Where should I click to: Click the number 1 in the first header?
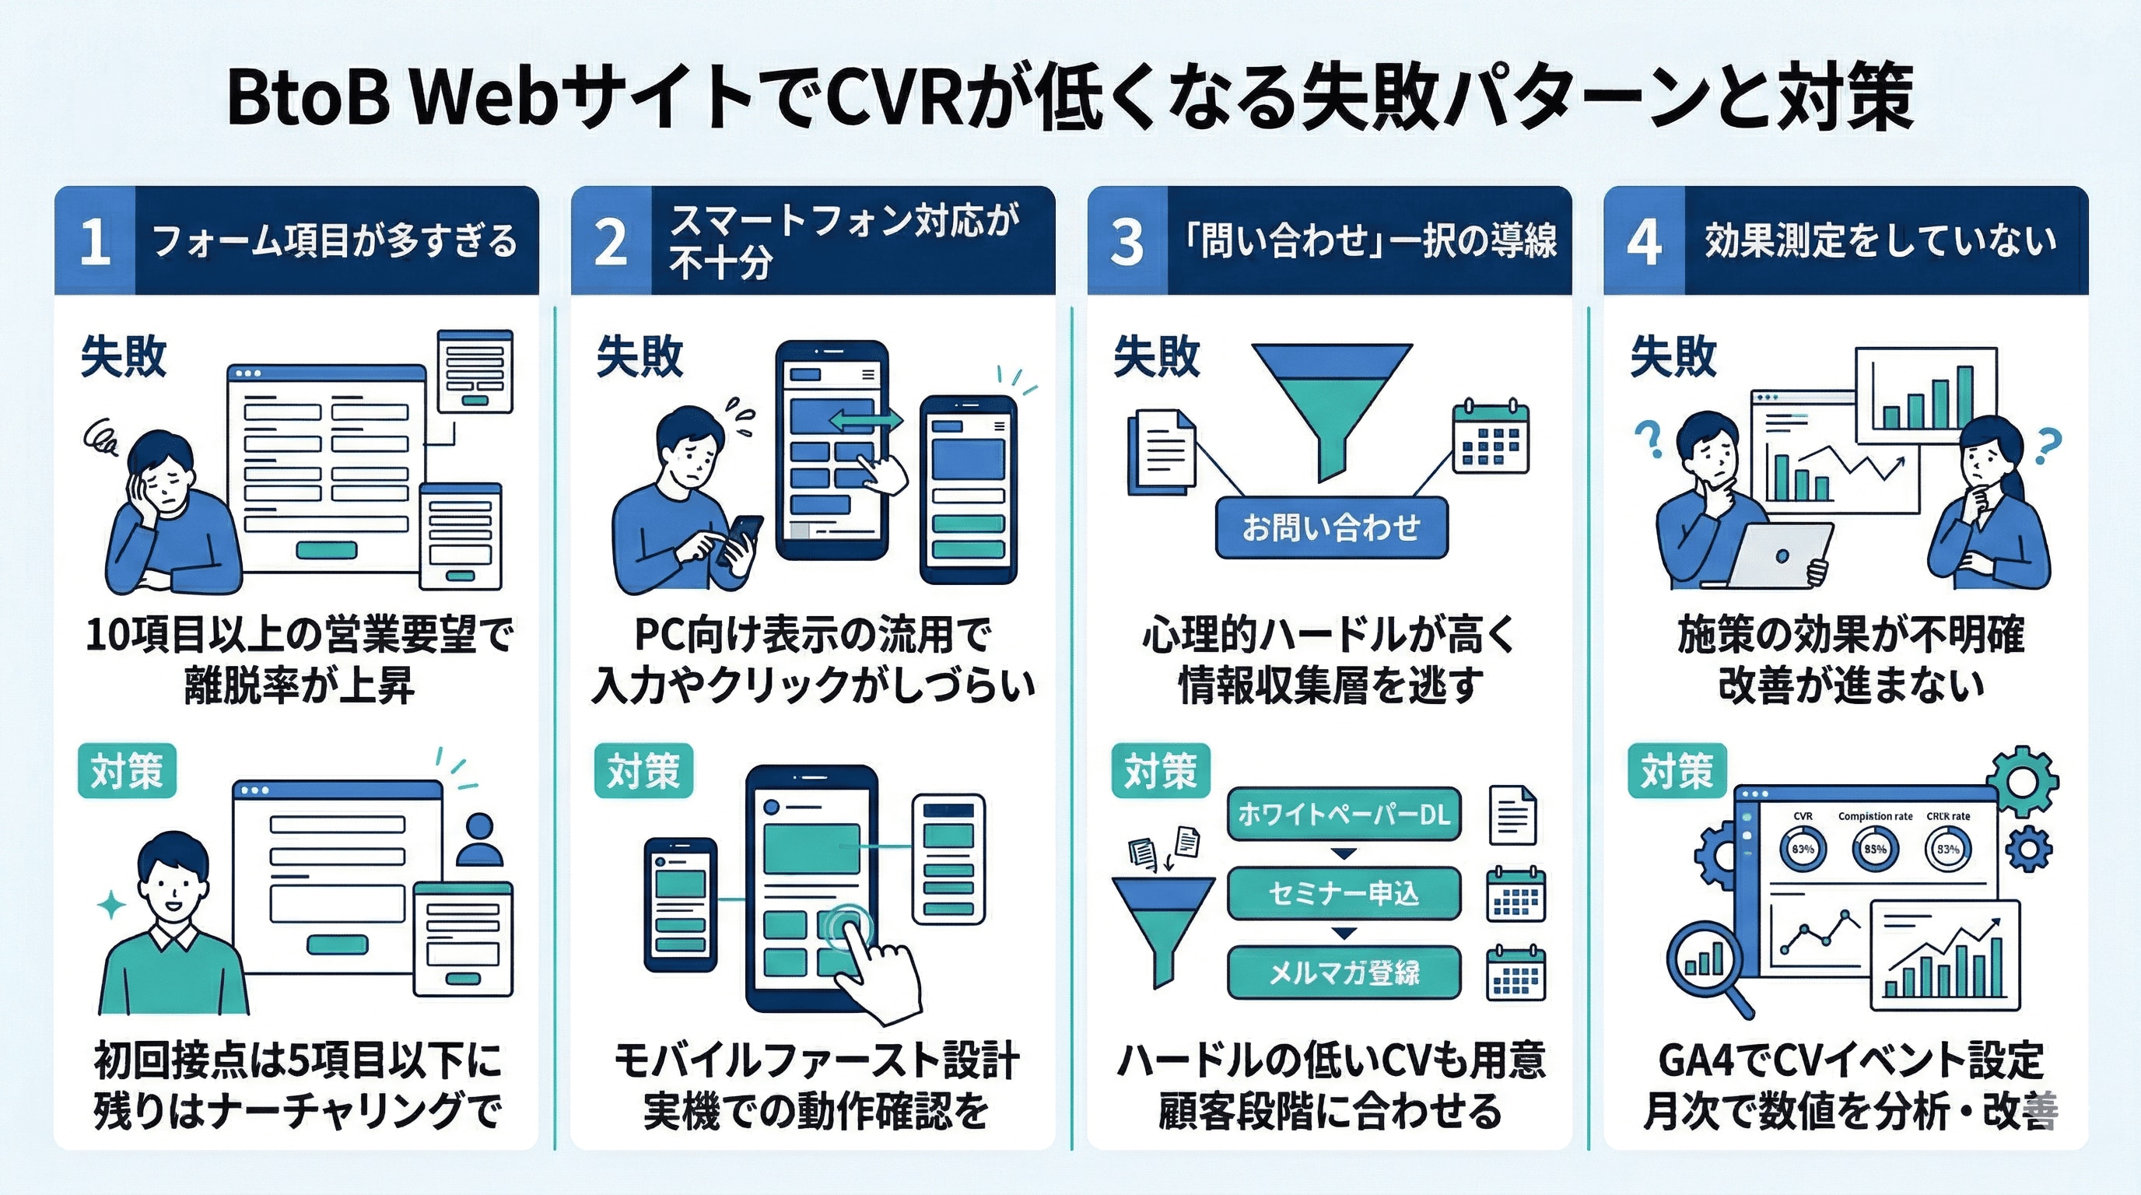(95, 242)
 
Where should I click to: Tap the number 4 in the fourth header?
(1643, 242)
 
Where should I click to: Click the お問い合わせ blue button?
(1330, 527)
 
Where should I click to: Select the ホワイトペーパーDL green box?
(1343, 814)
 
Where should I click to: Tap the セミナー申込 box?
(1343, 893)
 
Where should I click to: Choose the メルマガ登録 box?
(1343, 972)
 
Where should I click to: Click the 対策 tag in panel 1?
(127, 770)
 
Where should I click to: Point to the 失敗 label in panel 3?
(1156, 356)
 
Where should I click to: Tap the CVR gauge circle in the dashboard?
(1802, 850)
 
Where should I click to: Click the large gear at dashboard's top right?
(2022, 781)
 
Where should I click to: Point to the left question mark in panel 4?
(1647, 438)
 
